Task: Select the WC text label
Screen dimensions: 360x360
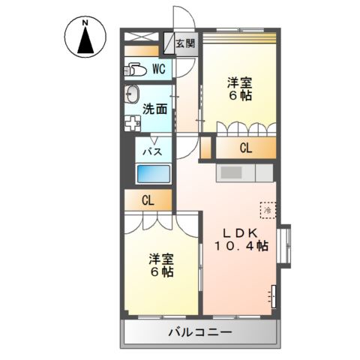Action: click(x=159, y=69)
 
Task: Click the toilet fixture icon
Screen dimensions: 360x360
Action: click(x=135, y=70)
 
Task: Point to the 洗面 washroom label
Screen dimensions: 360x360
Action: click(x=154, y=108)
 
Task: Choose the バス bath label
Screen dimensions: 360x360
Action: click(x=153, y=151)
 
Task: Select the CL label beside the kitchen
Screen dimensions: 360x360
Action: click(x=245, y=148)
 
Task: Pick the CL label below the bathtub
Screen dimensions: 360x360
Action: click(x=148, y=200)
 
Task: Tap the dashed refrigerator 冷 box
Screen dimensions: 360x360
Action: click(x=267, y=209)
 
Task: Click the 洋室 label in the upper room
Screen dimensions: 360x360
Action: click(x=240, y=82)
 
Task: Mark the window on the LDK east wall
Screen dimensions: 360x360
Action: click(x=283, y=244)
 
